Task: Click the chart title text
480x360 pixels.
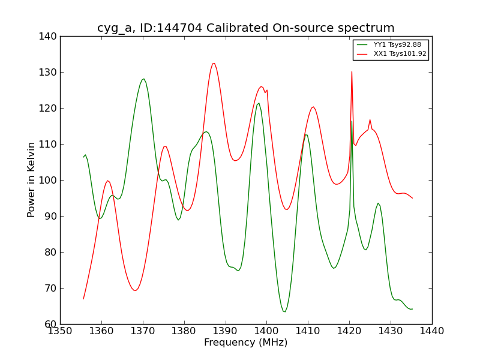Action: point(246,28)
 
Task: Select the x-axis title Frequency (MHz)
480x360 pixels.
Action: point(245,343)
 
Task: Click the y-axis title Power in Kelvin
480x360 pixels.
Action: point(31,179)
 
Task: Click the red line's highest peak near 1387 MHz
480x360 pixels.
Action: point(214,63)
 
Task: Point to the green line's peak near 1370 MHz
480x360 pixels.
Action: point(143,79)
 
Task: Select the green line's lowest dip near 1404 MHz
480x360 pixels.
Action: point(284,311)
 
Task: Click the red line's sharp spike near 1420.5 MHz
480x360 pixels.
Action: point(352,72)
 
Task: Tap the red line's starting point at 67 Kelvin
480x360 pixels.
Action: point(83,298)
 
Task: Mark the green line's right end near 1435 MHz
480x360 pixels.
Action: point(412,309)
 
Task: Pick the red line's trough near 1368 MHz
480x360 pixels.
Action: point(135,290)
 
